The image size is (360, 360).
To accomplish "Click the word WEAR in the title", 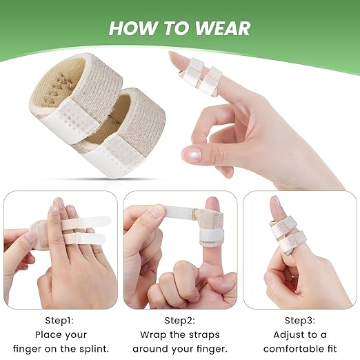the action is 223,28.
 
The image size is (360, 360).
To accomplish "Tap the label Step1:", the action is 59,320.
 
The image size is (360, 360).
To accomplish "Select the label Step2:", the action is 179,320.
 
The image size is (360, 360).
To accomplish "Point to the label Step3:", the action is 300,320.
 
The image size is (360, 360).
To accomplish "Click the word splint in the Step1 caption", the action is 94,349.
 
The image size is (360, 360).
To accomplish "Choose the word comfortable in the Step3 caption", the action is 294,349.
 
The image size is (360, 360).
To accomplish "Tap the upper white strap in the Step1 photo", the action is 85,221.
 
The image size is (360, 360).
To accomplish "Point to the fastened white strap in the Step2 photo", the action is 211,234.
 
